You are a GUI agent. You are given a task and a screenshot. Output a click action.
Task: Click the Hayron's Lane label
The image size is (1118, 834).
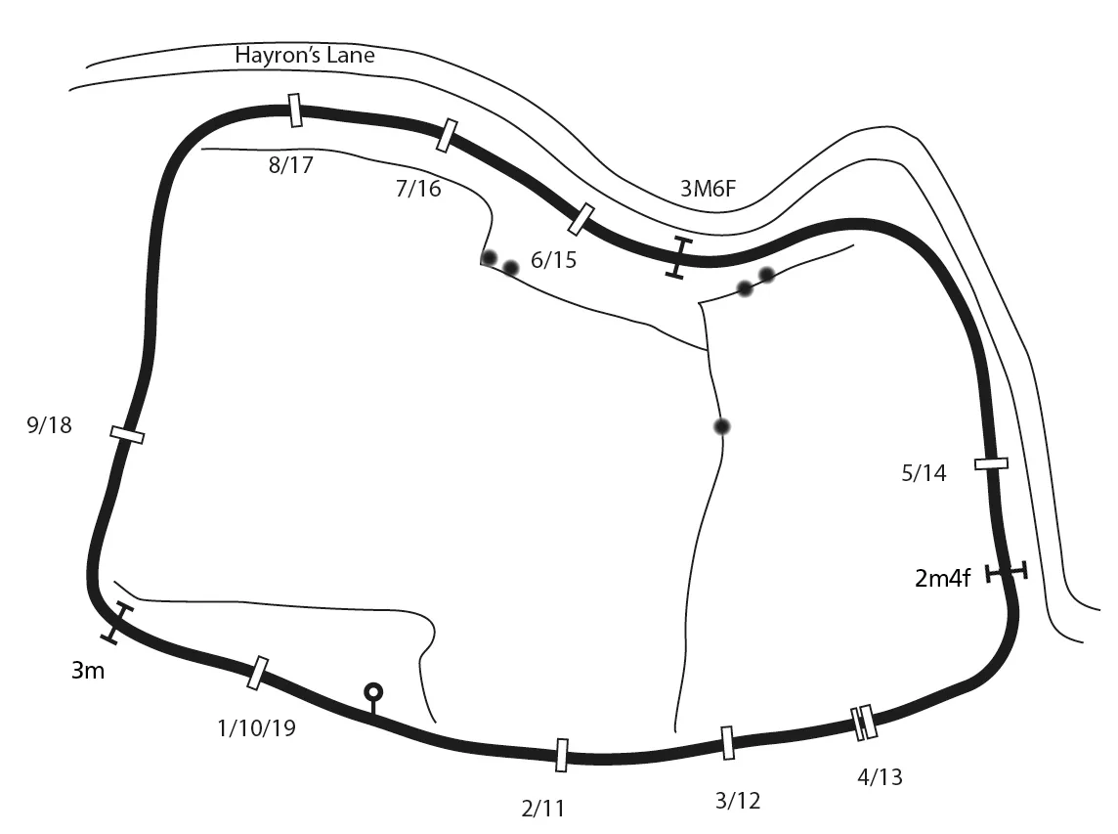pyautogui.click(x=305, y=56)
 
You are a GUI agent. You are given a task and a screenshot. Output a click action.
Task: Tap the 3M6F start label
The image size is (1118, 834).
pyautogui.click(x=708, y=189)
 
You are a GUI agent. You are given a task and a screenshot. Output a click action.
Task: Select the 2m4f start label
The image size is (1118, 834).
pyautogui.click(x=942, y=578)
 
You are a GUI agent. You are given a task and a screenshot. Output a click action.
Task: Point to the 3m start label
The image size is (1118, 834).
pyautogui.click(x=88, y=671)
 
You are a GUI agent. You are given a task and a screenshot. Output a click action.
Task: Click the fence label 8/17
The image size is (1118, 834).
pyautogui.click(x=291, y=165)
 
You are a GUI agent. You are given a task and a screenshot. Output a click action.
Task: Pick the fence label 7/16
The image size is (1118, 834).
pyautogui.click(x=418, y=189)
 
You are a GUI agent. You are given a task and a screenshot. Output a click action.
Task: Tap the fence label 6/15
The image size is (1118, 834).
pyautogui.click(x=553, y=260)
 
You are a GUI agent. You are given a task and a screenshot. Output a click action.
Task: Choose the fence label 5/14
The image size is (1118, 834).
pyautogui.click(x=924, y=473)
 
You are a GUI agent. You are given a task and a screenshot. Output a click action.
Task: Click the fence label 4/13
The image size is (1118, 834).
pyautogui.click(x=880, y=777)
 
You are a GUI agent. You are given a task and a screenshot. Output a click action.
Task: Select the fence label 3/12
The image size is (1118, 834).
pyautogui.click(x=737, y=801)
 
